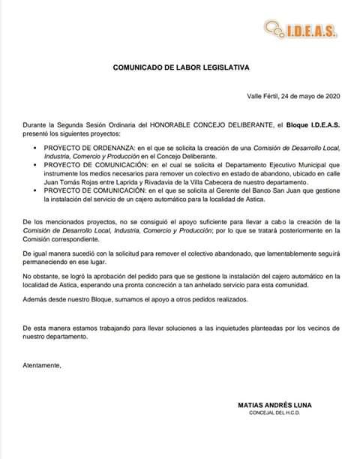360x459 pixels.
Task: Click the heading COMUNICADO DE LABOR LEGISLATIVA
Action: (180, 67)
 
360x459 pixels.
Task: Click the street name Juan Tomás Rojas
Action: (73, 182)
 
